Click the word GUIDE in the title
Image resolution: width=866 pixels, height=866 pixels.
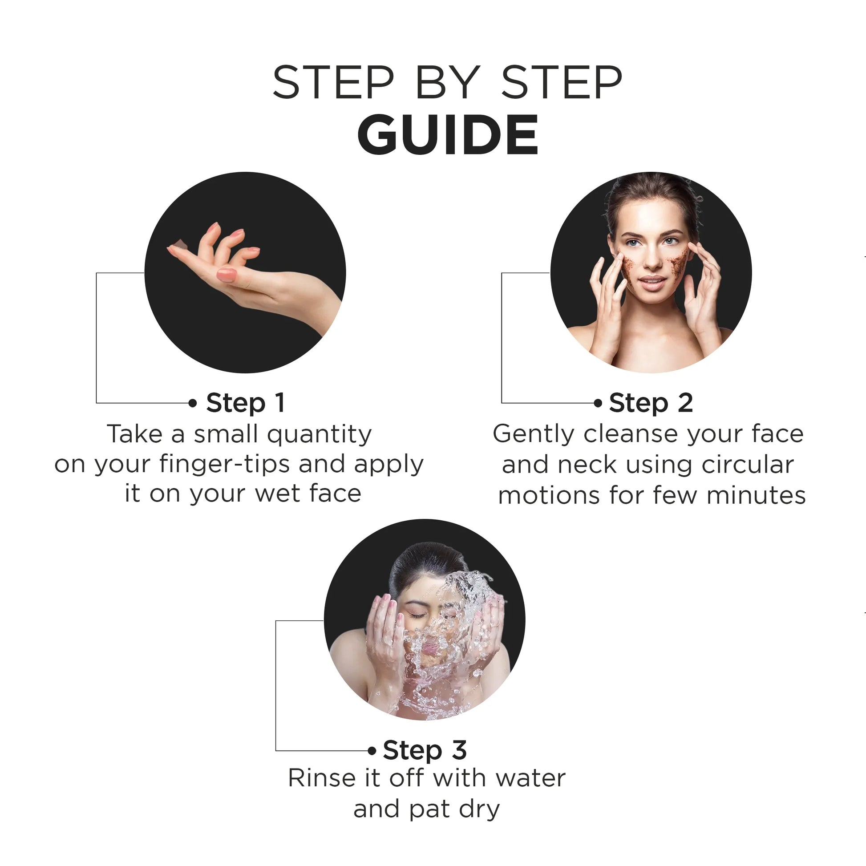click(x=447, y=134)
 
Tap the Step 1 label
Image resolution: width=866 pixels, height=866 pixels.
click(x=245, y=403)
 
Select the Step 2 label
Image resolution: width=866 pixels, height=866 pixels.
click(x=651, y=403)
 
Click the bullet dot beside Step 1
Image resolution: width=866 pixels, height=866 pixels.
click(x=193, y=403)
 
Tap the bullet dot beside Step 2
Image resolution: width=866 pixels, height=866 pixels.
click(x=598, y=403)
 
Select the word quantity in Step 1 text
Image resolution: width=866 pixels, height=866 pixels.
click(x=320, y=435)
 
